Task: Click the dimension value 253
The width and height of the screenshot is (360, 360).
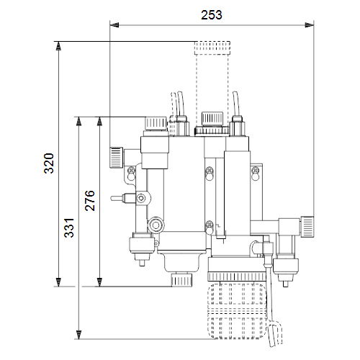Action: pyautogui.click(x=212, y=15)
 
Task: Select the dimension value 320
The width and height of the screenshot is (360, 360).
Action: pyautogui.click(x=49, y=163)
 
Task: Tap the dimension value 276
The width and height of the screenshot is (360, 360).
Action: pyautogui.click(x=90, y=201)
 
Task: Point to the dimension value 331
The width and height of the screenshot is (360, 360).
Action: pyautogui.click(x=69, y=228)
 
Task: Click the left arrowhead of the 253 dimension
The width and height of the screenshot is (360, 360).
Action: pyautogui.click(x=114, y=24)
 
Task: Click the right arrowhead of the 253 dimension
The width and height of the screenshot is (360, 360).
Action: pyautogui.click(x=310, y=24)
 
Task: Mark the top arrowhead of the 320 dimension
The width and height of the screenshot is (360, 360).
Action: pyautogui.click(x=58, y=46)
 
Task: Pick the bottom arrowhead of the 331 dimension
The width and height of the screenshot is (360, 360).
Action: pyautogui.click(x=78, y=335)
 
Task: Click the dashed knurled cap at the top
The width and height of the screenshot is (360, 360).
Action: pyautogui.click(x=212, y=48)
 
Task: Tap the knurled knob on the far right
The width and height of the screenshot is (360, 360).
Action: pyautogui.click(x=307, y=227)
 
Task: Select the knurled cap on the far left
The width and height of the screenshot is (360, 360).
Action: pyautogui.click(x=117, y=158)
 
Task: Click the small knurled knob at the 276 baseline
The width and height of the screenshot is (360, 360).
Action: pyautogui.click(x=181, y=280)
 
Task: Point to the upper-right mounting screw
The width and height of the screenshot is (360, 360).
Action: pyautogui.click(x=256, y=171)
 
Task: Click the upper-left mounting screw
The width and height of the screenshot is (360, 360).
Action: pyautogui.click(x=131, y=170)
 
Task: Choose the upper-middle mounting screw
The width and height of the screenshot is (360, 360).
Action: pyautogui.click(x=210, y=171)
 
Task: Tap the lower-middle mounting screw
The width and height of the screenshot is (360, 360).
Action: pyautogui.click(x=210, y=225)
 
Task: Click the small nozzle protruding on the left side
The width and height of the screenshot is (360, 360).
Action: pyautogui.click(x=117, y=198)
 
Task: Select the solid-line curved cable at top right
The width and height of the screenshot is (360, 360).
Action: pyautogui.click(x=236, y=104)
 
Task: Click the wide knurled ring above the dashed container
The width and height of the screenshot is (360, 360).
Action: pyautogui.click(x=237, y=277)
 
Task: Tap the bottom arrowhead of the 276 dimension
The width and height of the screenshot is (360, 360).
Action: pyautogui.click(x=99, y=282)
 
